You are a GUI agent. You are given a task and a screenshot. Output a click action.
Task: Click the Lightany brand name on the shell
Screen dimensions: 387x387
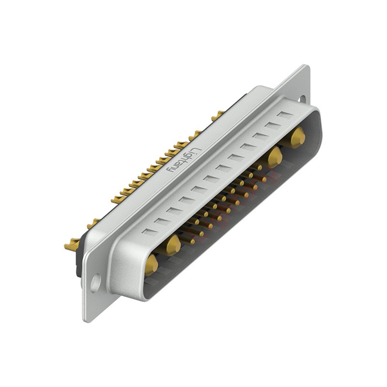click(x=183, y=159)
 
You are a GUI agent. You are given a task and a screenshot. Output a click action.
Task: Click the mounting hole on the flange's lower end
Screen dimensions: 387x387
click(x=96, y=282)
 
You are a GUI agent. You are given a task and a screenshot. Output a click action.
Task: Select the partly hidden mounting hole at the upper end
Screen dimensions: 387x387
click(x=302, y=99)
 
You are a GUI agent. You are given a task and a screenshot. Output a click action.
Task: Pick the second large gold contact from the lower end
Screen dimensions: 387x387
click(x=173, y=245)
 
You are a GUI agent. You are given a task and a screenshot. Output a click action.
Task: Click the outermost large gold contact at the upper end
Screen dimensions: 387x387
click(x=298, y=137)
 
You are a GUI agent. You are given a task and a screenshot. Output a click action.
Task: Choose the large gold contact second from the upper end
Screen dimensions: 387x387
click(x=275, y=157)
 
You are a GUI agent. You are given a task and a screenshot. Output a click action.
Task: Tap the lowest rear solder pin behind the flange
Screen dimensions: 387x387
click(x=72, y=246)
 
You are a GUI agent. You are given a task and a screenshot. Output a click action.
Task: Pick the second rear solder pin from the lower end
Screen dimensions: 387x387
click(x=92, y=223)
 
